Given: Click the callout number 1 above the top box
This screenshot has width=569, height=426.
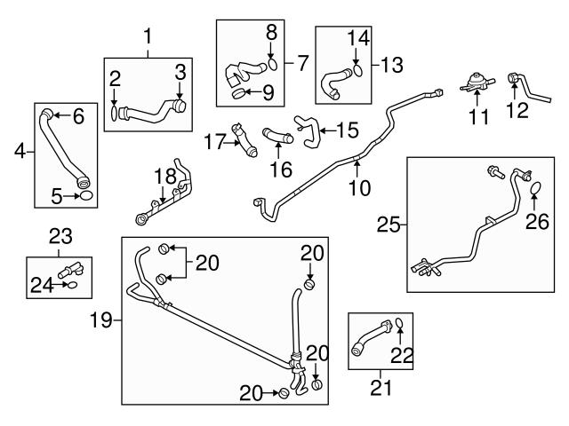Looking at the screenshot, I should (x=148, y=37).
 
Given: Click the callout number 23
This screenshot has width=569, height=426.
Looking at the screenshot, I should (x=59, y=236).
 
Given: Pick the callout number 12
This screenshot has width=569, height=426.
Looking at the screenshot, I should (x=517, y=111).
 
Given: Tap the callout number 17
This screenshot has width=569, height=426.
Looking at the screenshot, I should (x=214, y=140).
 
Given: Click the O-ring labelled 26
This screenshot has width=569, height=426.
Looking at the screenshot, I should (x=535, y=188).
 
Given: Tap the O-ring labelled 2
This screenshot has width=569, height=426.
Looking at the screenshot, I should (x=114, y=113).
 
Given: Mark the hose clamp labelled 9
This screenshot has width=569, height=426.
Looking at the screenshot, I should (x=237, y=91).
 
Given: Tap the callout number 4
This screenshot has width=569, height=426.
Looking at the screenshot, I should (x=20, y=153).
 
